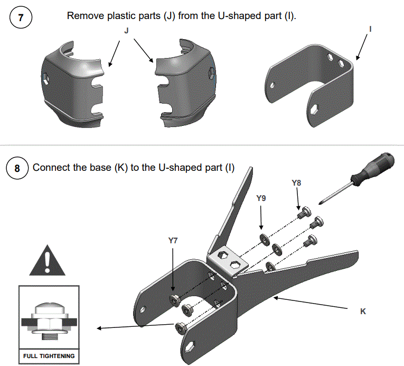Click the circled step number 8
coord(17,169)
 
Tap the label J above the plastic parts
coord(126,31)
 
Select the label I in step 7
coord(370,30)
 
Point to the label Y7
coord(173,240)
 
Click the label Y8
coord(296,183)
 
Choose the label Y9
coord(261,198)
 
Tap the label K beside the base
coord(363,312)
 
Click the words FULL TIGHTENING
coord(49,356)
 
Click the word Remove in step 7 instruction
coord(82,15)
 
